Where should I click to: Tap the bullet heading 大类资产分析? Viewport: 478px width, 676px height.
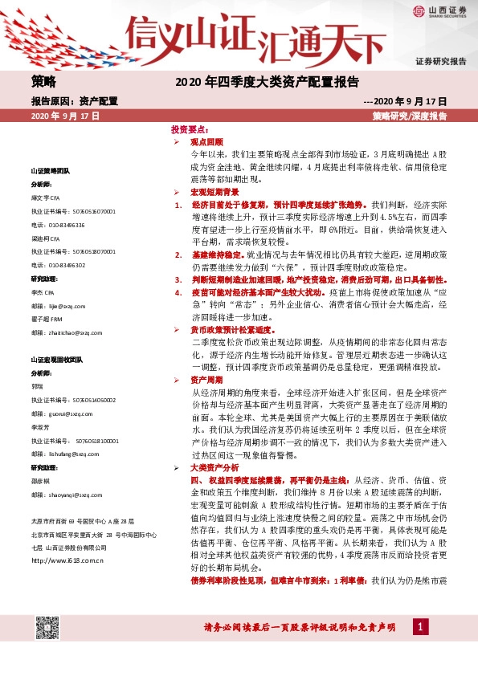click(x=214, y=466)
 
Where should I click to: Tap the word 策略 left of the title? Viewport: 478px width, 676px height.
click(x=44, y=81)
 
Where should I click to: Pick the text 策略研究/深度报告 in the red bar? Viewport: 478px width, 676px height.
click(x=410, y=116)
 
